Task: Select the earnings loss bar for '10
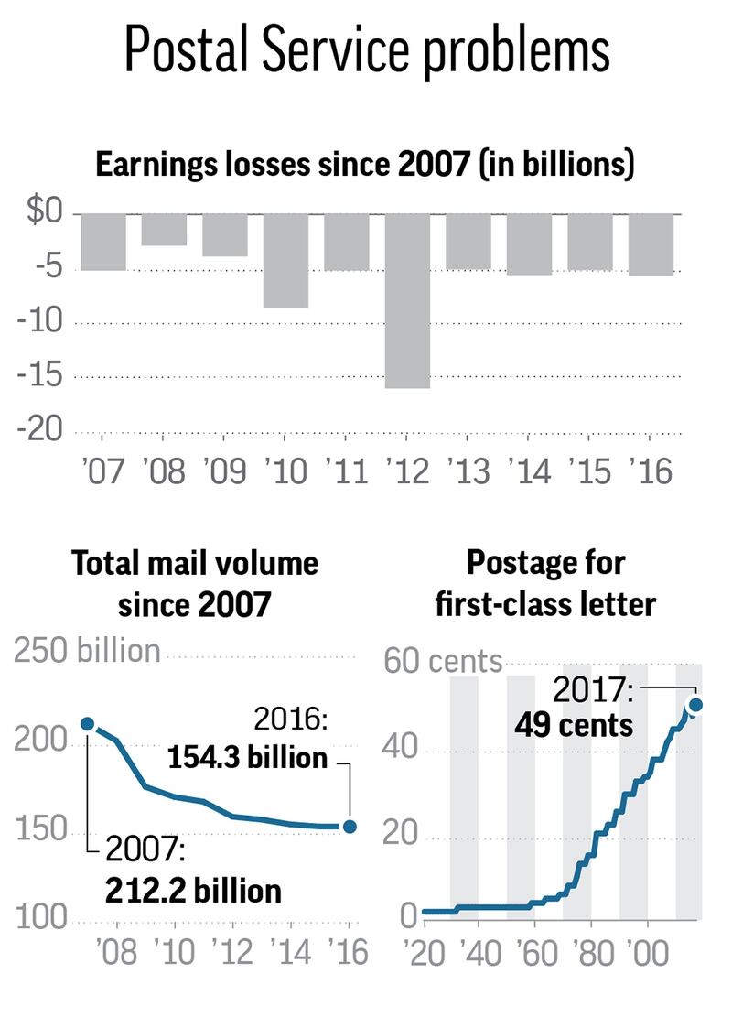[285, 261]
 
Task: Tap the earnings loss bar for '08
[165, 230]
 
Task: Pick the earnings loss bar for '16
[651, 244]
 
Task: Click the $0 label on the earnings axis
[42, 213]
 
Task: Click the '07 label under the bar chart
[102, 471]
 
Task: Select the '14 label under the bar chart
[529, 471]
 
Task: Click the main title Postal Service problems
[366, 50]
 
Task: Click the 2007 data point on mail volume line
[88, 724]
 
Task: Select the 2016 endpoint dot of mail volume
[349, 827]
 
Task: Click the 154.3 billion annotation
[247, 758]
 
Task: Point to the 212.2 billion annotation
[192, 890]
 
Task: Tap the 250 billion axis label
[87, 652]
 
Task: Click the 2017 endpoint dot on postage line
[695, 704]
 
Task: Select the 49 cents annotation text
[573, 726]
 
